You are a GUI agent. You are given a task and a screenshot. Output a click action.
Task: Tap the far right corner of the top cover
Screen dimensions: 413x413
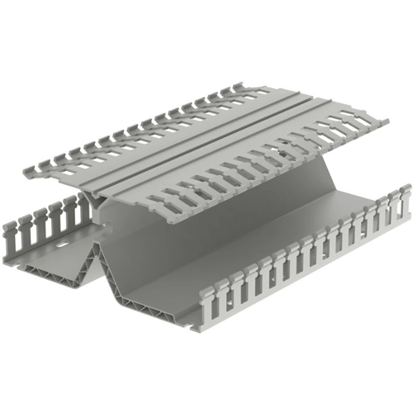386,122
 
